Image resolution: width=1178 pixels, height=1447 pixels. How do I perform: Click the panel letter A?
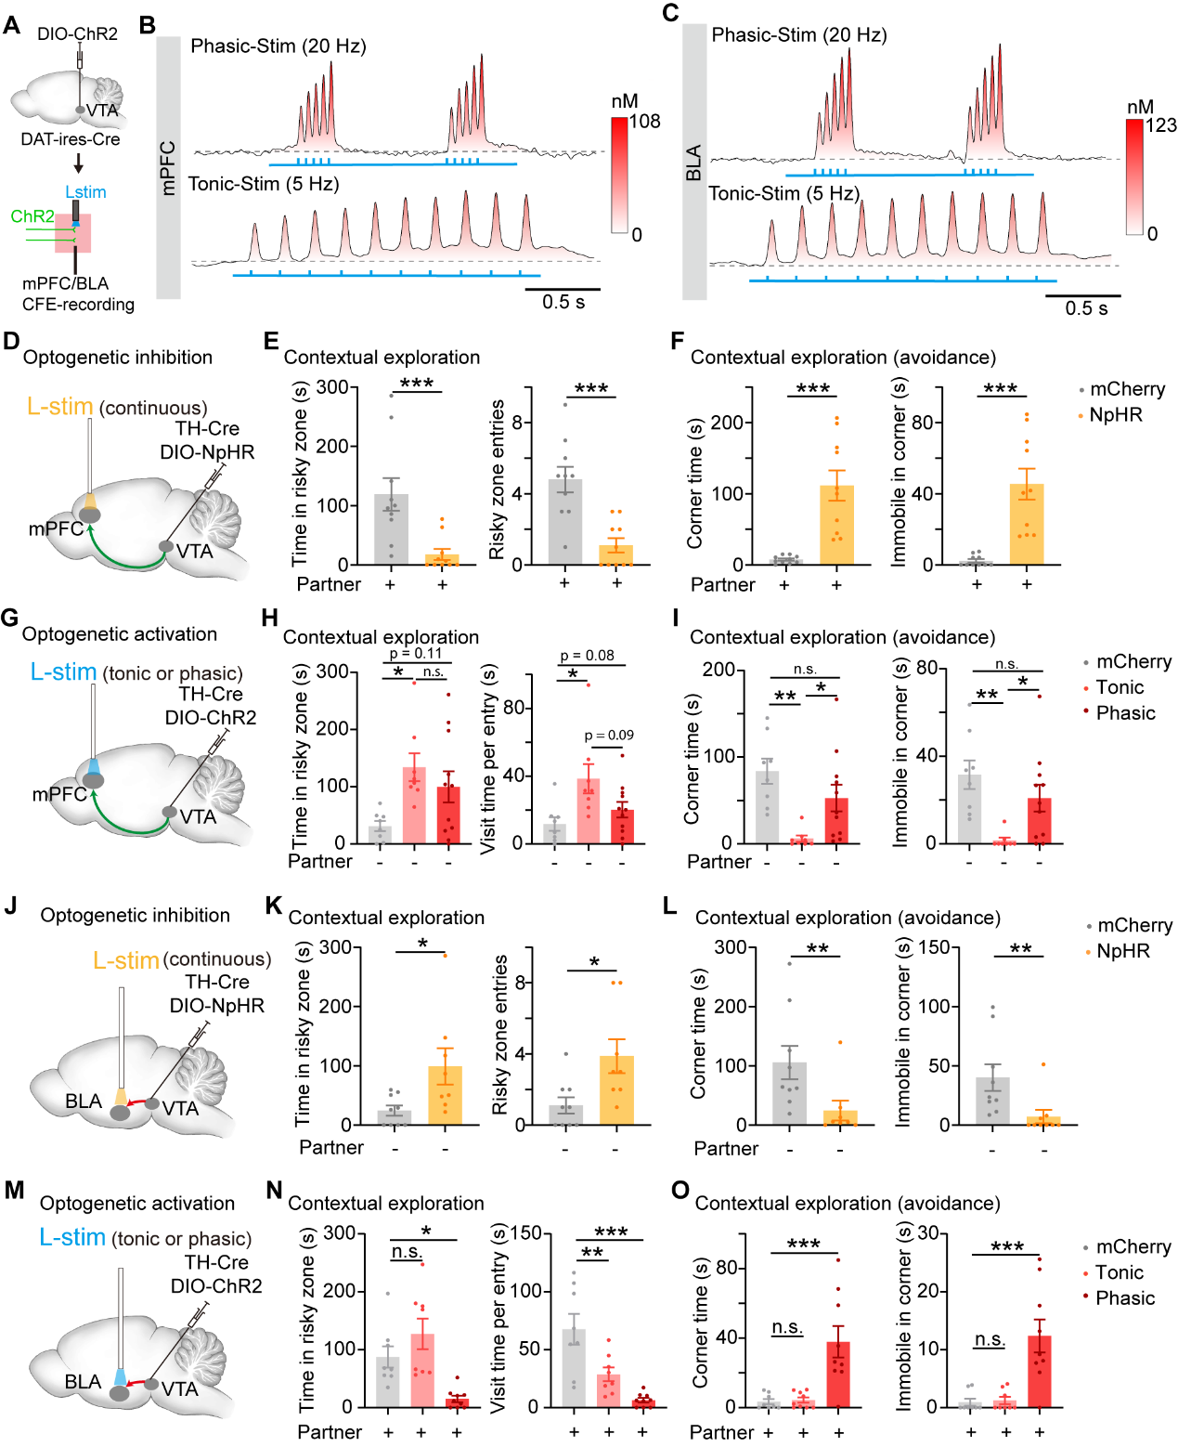pyautogui.click(x=11, y=24)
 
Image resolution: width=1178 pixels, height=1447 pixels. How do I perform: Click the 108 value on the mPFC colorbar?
pyautogui.click(x=645, y=122)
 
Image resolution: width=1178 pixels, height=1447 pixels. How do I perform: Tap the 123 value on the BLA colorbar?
pyautogui.click(x=1161, y=125)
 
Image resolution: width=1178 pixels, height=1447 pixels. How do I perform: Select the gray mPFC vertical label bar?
pyautogui.click(x=168, y=167)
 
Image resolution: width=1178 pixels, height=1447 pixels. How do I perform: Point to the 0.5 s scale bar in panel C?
pyautogui.click(x=1083, y=296)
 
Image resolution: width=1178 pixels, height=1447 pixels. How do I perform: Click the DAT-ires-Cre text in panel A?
pyautogui.click(x=71, y=139)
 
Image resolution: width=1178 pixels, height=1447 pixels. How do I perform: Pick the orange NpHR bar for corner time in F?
pyautogui.click(x=836, y=525)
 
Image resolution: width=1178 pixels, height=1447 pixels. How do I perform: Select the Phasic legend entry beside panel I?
pyautogui.click(x=1125, y=713)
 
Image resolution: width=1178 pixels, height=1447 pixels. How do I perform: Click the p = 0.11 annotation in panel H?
pyautogui.click(x=416, y=654)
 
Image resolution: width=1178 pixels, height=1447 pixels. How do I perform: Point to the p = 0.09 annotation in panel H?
pyautogui.click(x=609, y=736)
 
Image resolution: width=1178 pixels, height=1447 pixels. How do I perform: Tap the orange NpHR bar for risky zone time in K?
pyautogui.click(x=446, y=1095)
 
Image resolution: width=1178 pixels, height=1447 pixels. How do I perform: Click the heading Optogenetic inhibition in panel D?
pyautogui.click(x=117, y=358)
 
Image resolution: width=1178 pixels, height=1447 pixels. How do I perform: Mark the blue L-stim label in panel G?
pyautogui.click(x=63, y=672)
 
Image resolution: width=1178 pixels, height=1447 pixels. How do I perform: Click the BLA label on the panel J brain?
pyautogui.click(x=84, y=1102)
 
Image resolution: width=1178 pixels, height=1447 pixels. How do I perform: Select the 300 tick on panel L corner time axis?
pyautogui.click(x=731, y=947)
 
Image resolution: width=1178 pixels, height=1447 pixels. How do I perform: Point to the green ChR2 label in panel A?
pyautogui.click(x=32, y=216)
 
